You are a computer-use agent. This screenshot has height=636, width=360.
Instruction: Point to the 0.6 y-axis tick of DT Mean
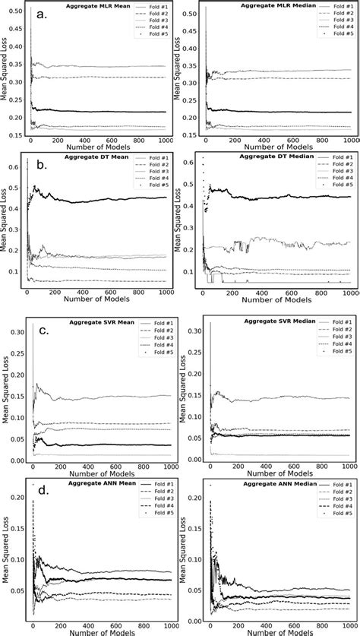[17, 162]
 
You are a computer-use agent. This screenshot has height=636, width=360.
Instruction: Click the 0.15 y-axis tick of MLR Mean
[14, 136]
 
